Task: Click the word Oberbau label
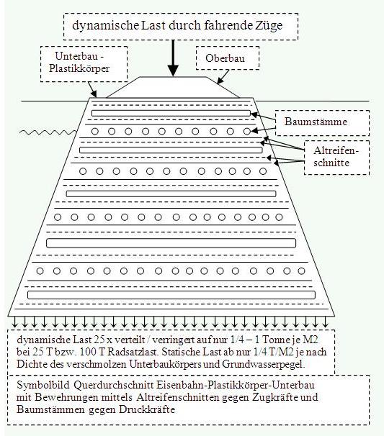click(x=225, y=58)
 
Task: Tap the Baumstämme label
click(x=316, y=122)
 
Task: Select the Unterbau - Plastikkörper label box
click(x=84, y=64)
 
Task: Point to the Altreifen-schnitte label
click(x=336, y=157)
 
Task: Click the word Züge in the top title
click(x=269, y=26)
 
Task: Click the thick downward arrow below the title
click(x=173, y=58)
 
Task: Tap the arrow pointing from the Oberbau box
click(x=223, y=76)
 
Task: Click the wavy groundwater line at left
click(x=48, y=132)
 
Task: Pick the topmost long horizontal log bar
click(x=171, y=113)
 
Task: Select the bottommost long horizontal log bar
click(x=171, y=295)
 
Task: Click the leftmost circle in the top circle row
click(x=95, y=131)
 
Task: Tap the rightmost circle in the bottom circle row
click(x=301, y=271)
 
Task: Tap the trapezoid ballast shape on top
click(x=173, y=87)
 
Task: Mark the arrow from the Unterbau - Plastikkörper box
click(x=92, y=89)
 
